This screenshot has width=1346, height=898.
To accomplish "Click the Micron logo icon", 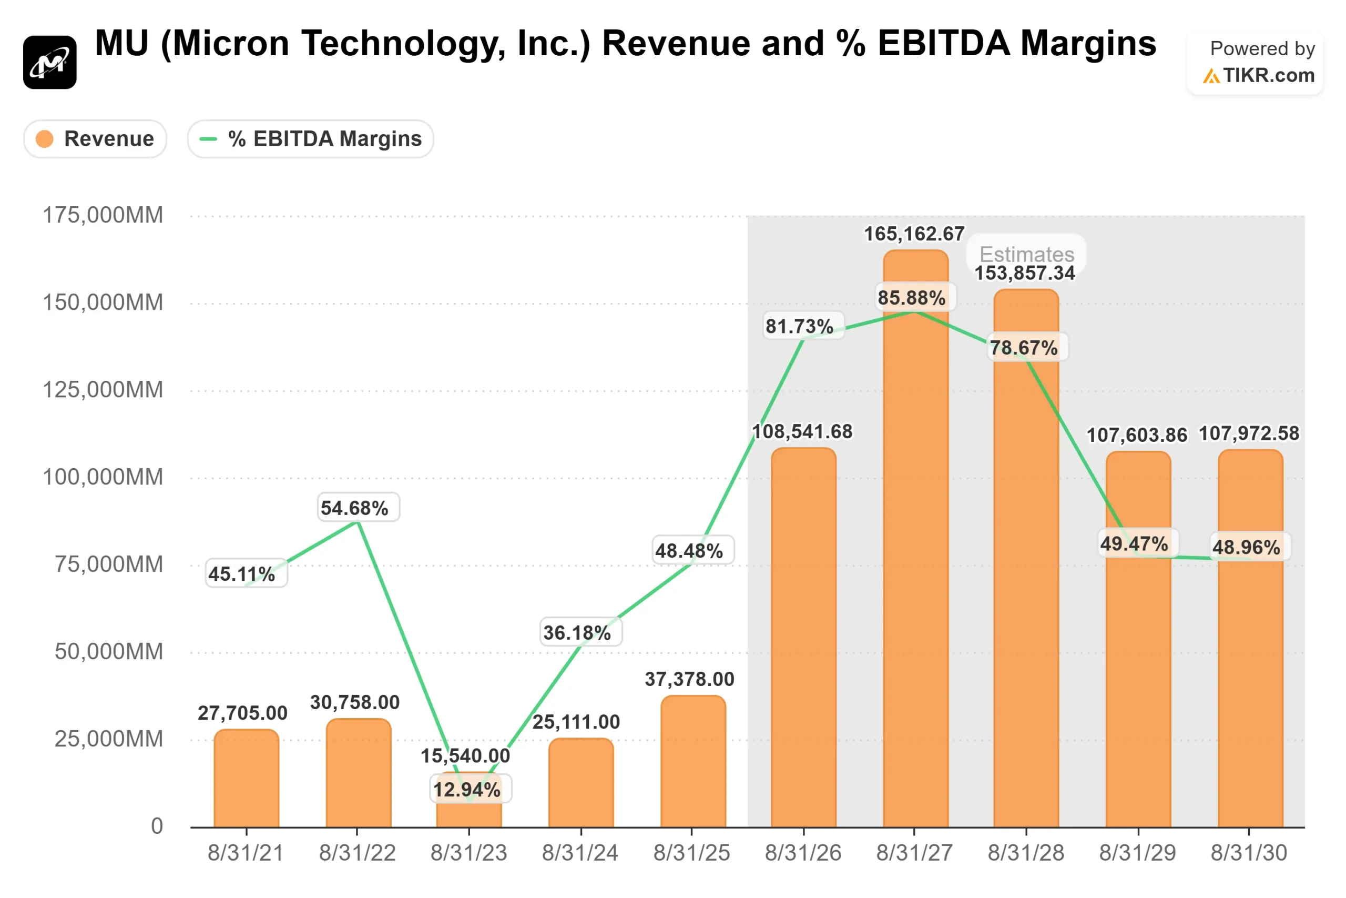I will pyautogui.click(x=50, y=62).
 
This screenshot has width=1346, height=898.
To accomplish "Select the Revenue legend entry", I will pyautogui.click(x=95, y=138).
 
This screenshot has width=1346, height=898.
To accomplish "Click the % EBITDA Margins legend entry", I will pyautogui.click(x=310, y=138).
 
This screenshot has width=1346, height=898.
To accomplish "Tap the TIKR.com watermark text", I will pyautogui.click(x=1268, y=75).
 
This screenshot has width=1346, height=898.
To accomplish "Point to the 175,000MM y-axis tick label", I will pyautogui.click(x=103, y=215).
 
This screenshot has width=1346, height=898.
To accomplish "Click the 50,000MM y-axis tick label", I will pyautogui.click(x=109, y=652).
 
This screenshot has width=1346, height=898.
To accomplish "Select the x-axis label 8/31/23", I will pyautogui.click(x=468, y=853).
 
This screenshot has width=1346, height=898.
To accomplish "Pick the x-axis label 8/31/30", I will pyautogui.click(x=1249, y=853).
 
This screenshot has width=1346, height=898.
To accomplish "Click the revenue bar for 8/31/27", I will pyautogui.click(x=915, y=573).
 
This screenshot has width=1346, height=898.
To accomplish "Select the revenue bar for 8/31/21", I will pyautogui.click(x=247, y=779).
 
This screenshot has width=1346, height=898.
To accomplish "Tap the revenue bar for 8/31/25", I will pyautogui.click(x=693, y=762).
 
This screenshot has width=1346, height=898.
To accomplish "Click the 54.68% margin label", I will pyautogui.click(x=355, y=508).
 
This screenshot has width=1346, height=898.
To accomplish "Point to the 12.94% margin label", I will pyautogui.click(x=467, y=790).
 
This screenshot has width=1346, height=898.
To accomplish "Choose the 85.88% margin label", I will pyautogui.click(x=912, y=298).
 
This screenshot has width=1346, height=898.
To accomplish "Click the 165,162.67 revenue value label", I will pyautogui.click(x=914, y=234).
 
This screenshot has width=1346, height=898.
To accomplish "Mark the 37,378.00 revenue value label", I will pyautogui.click(x=690, y=679).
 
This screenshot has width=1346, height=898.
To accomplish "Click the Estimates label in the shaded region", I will pyautogui.click(x=1027, y=254).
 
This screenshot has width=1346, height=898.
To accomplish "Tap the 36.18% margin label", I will pyautogui.click(x=577, y=633).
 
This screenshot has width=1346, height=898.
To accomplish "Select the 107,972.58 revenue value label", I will pyautogui.click(x=1249, y=433).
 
